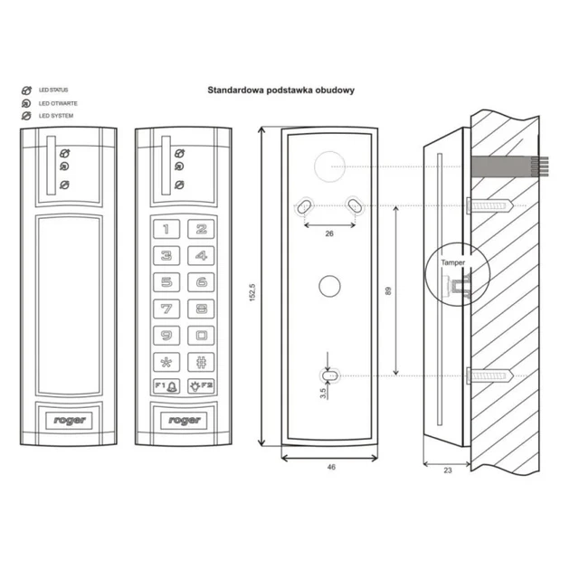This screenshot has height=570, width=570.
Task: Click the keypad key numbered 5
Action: (x=166, y=283)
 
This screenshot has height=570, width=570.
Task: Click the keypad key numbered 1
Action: (x=166, y=230)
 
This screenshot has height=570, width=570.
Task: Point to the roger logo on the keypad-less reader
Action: (x=70, y=421)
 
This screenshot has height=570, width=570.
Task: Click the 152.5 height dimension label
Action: (x=252, y=288)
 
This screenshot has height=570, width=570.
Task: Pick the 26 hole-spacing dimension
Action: (x=328, y=233)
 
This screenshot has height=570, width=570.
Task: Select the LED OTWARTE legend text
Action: (x=58, y=103)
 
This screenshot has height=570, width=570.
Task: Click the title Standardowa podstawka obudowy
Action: (x=280, y=90)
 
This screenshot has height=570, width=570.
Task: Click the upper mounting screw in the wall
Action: (x=493, y=205)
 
